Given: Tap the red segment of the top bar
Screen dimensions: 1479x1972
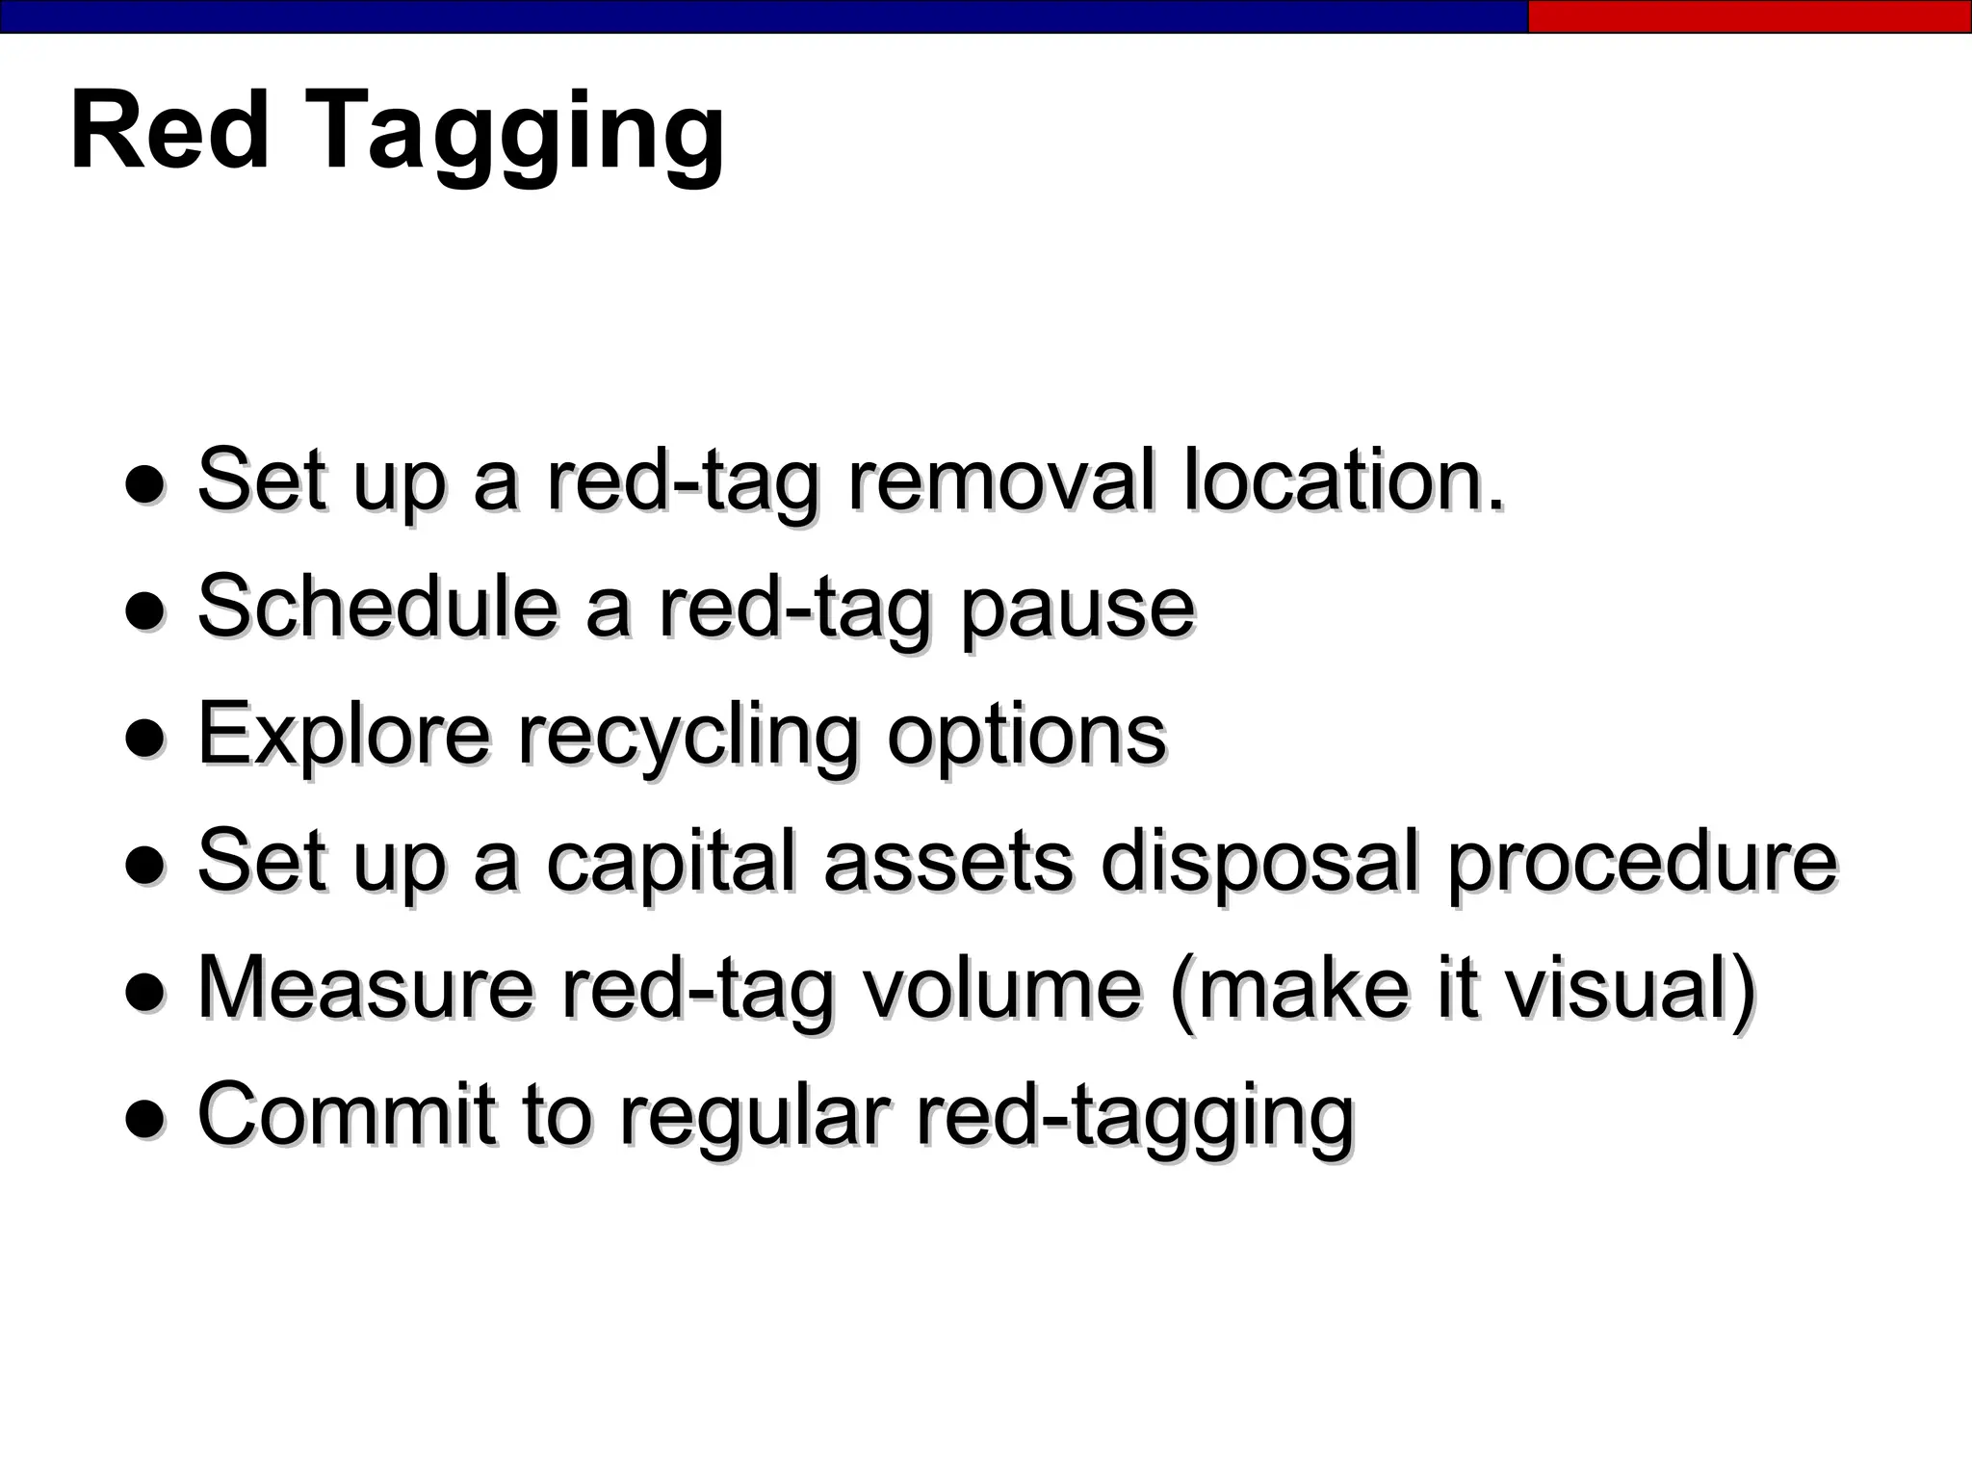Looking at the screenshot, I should coord(1749,16).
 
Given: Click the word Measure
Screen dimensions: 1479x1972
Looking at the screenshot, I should coord(365,987).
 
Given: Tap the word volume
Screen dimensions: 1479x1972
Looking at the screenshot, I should coord(1000,987).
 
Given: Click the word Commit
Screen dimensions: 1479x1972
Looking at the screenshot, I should coord(348,1113).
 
